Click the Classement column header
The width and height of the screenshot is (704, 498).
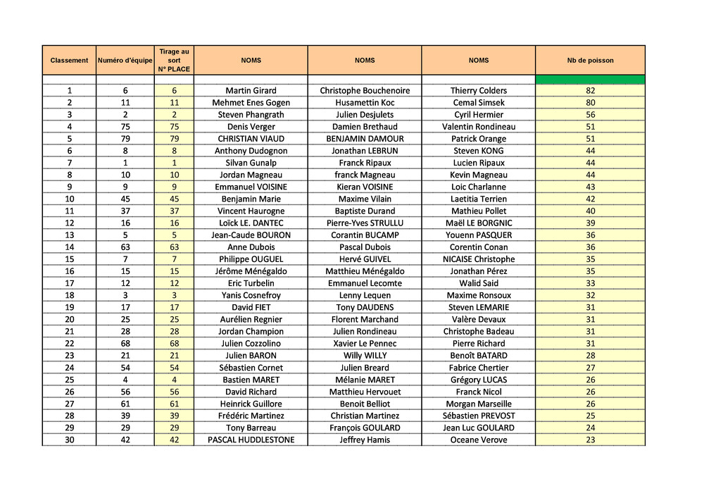(69, 61)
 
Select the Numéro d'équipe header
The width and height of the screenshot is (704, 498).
(125, 61)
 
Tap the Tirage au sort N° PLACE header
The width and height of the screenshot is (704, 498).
(174, 61)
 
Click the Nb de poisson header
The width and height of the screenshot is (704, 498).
(590, 61)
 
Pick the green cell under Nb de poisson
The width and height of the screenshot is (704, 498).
(590, 80)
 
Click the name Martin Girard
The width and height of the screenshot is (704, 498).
(251, 91)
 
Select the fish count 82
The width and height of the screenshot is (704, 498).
(590, 91)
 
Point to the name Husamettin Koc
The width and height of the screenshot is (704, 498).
(365, 103)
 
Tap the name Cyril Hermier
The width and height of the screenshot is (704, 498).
(479, 115)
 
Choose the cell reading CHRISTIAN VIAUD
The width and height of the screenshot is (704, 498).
(251, 139)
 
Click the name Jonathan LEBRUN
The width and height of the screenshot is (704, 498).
(365, 151)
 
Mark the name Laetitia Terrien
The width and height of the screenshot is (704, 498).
(479, 199)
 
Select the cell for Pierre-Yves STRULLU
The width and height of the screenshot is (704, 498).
(365, 223)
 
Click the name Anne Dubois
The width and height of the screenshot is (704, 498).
(251, 247)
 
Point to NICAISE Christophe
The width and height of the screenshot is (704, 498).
(479, 259)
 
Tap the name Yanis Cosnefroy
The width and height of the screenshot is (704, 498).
(251, 295)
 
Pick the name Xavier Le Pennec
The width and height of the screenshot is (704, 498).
(365, 344)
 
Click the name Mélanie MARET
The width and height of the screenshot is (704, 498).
(365, 380)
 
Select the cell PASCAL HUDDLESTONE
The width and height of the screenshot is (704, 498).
(251, 440)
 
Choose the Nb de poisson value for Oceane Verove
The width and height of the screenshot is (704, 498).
(590, 440)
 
